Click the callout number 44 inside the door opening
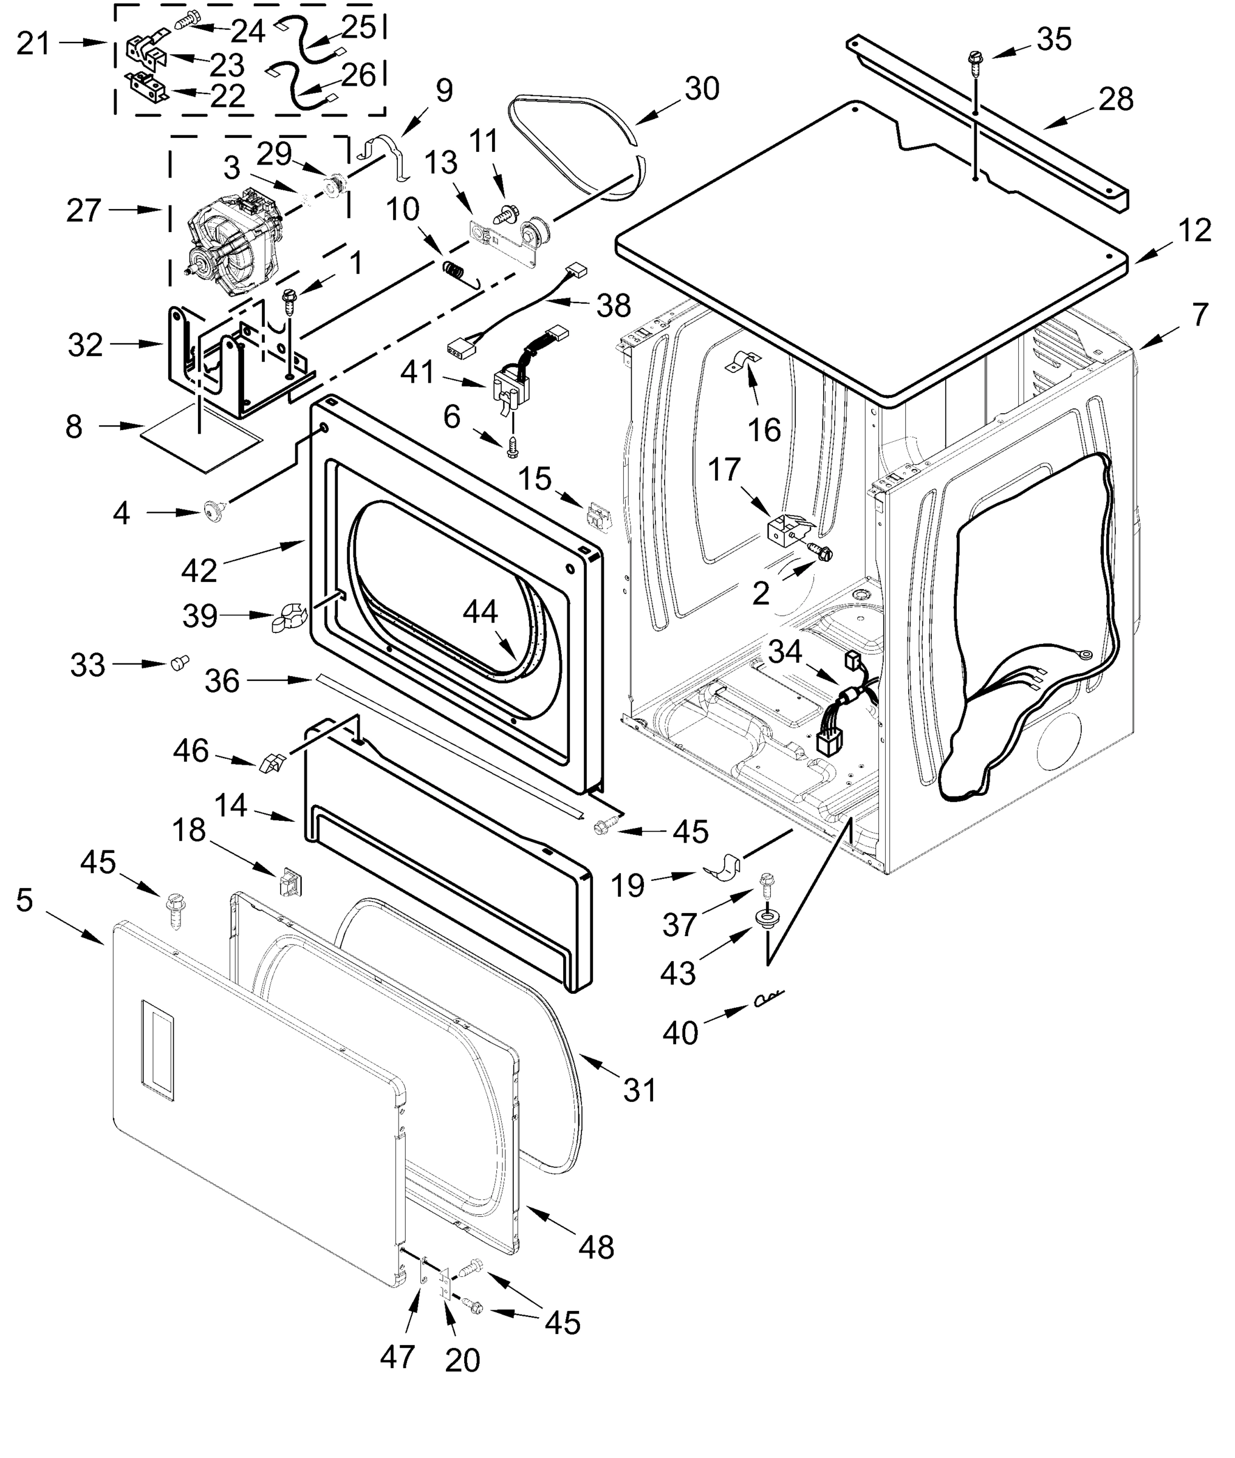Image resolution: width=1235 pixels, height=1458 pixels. pyautogui.click(x=481, y=611)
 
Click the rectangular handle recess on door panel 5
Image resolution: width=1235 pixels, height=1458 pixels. pyautogui.click(x=158, y=1052)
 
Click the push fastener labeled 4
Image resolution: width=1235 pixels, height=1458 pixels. pyautogui.click(x=211, y=511)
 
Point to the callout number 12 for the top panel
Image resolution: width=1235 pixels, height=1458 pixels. pyautogui.click(x=1194, y=230)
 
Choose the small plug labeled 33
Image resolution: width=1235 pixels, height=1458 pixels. pyautogui.click(x=180, y=662)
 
